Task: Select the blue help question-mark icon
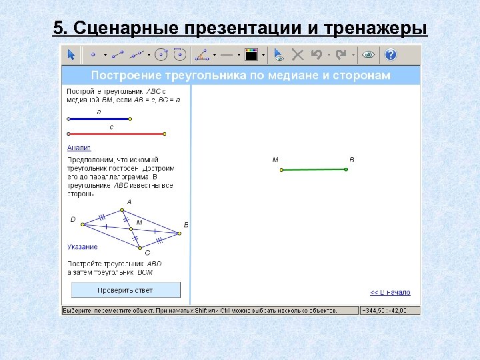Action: [391, 54]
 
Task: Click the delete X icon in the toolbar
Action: [298, 54]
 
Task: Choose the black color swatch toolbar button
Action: [251, 54]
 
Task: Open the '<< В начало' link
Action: [391, 293]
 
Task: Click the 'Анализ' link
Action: [79, 147]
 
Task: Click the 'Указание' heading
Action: [83, 247]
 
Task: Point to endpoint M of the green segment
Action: [281, 170]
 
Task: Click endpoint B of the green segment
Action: [347, 169]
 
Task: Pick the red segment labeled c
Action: [113, 134]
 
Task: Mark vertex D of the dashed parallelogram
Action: [82, 224]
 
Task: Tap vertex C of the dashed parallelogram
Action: [141, 247]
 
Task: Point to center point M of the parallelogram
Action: [131, 229]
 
